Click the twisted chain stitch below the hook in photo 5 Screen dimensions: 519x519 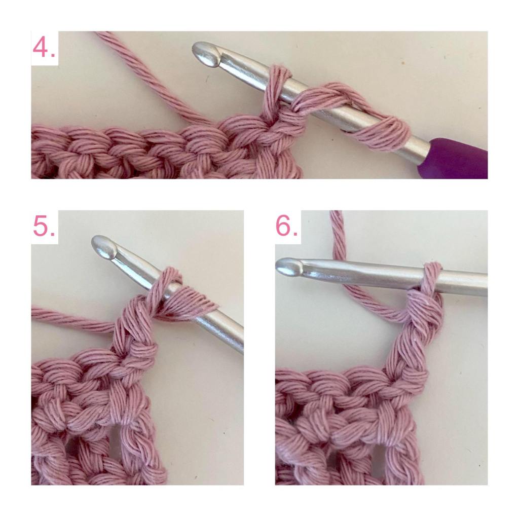click(136, 331)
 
